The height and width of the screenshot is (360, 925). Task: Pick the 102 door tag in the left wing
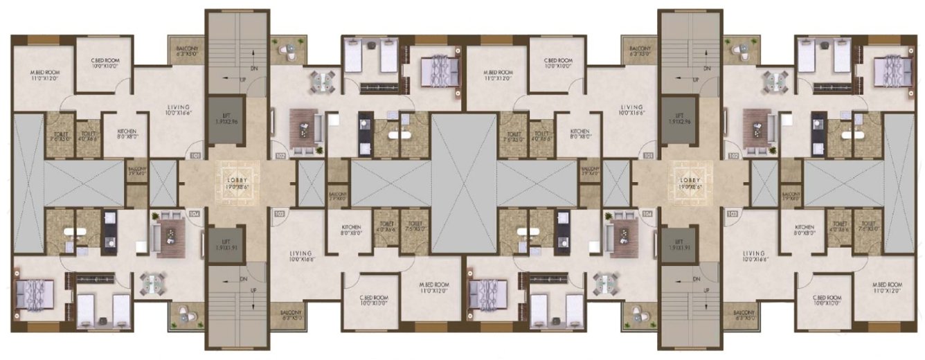point(280,156)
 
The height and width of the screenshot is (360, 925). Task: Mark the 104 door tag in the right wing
point(647,215)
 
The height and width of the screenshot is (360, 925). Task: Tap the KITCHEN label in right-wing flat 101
point(580,134)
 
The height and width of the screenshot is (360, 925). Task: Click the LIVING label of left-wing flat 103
point(301,256)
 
